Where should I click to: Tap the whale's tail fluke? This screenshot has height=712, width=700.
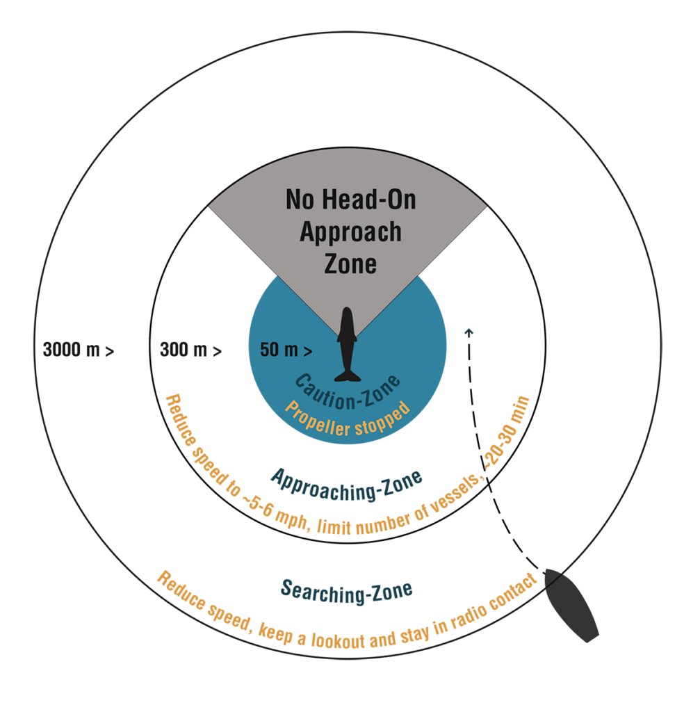pyautogui.click(x=347, y=376)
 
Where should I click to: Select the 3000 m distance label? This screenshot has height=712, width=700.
pyautogui.click(x=79, y=350)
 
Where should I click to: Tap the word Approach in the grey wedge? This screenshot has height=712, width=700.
pyautogui.click(x=350, y=232)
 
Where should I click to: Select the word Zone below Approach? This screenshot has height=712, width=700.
pyautogui.click(x=350, y=264)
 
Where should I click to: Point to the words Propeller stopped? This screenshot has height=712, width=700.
pyautogui.click(x=348, y=418)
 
